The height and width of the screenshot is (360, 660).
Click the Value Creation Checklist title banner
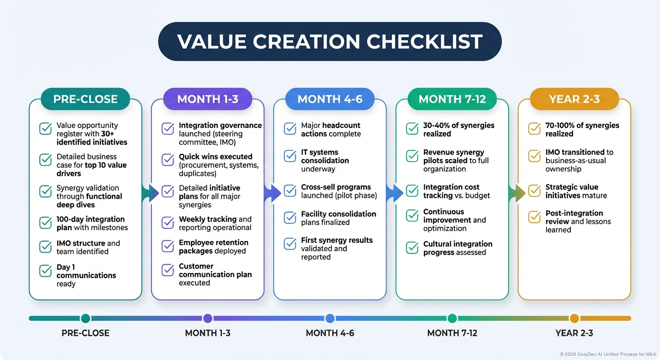[330, 41]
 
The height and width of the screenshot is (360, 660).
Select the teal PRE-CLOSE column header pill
[85, 99]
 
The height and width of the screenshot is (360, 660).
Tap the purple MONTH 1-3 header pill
[207, 99]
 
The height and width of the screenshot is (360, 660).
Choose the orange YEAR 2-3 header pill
[574, 99]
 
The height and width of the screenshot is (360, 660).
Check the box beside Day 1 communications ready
[45, 271]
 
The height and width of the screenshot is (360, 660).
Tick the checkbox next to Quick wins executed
[168, 160]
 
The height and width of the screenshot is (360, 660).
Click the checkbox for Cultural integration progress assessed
[412, 247]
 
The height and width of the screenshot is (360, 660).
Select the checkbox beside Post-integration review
[534, 217]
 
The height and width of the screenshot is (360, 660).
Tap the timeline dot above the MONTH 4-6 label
[330, 319]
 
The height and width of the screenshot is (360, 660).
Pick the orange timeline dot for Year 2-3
[574, 319]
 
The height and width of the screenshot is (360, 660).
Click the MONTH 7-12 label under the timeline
[452, 333]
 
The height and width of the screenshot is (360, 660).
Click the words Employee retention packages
[213, 247]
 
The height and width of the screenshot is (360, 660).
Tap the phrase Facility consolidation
[338, 214]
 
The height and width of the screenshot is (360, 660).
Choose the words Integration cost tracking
[451, 191]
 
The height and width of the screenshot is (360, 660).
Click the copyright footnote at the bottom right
[607, 354]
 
